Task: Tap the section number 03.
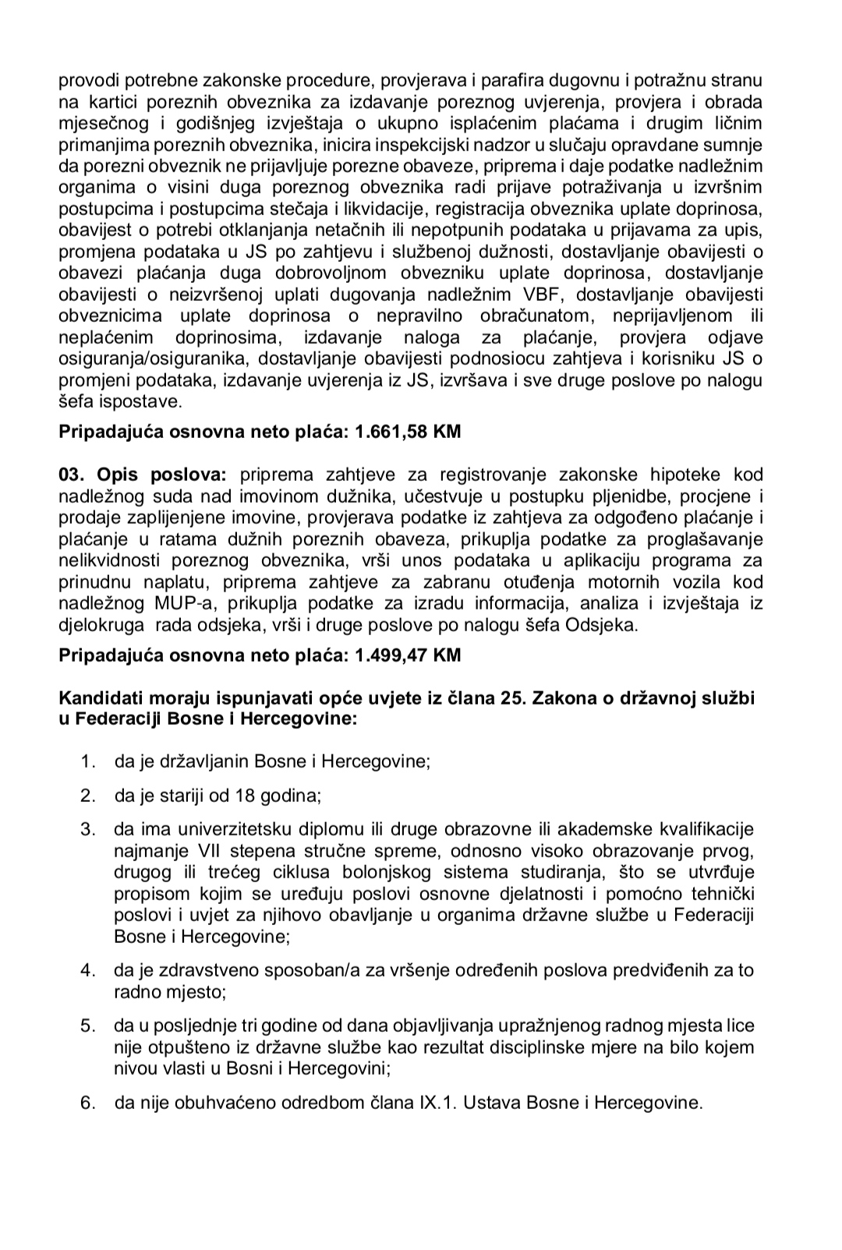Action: point(73,475)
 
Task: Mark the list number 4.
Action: point(87,970)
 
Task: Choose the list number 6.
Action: point(87,1103)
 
